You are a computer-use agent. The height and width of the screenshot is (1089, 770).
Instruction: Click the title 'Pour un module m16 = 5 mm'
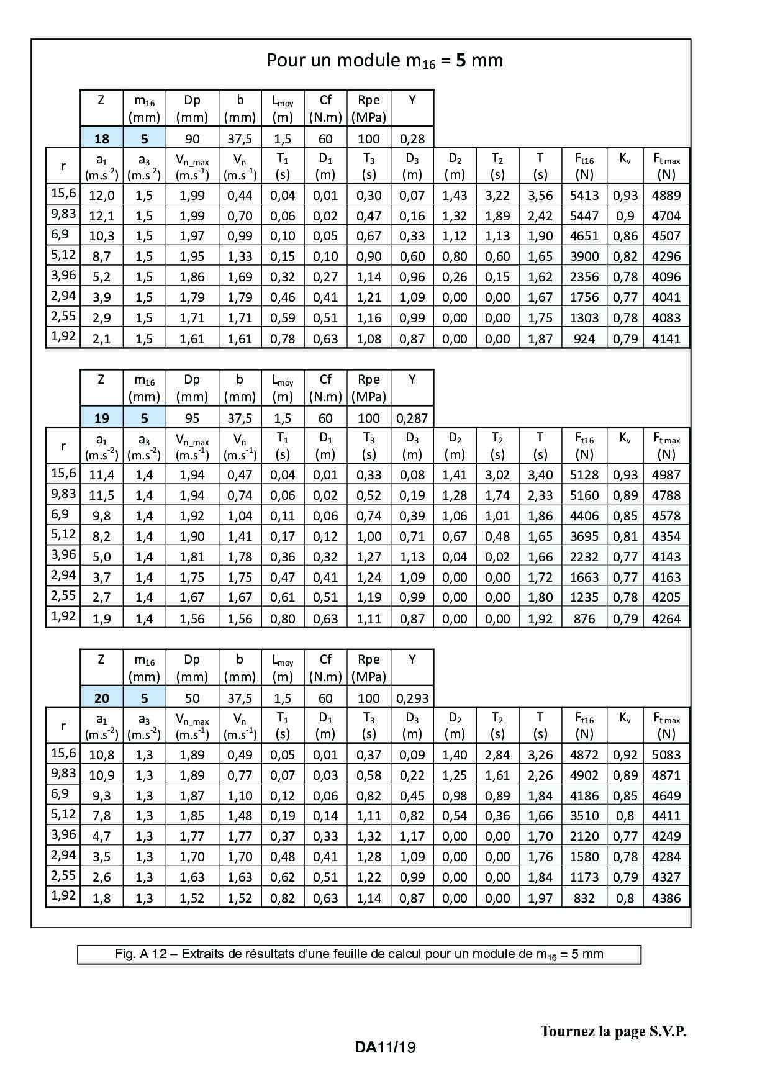tap(384, 60)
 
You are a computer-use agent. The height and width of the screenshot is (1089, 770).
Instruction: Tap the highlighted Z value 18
tap(101, 138)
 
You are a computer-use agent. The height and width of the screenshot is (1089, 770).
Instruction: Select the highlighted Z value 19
tap(101, 418)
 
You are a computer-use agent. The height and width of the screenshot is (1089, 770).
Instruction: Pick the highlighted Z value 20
tap(101, 698)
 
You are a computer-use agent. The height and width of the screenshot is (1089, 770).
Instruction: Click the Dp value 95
tap(192, 418)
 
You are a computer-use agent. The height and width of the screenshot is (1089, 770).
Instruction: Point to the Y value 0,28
tap(412, 138)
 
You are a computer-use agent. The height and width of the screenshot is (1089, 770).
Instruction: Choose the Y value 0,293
tap(412, 698)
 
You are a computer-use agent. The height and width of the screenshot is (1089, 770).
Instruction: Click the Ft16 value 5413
tap(584, 195)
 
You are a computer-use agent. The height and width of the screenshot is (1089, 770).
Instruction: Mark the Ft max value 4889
tap(666, 195)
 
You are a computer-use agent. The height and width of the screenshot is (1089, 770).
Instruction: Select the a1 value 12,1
tap(101, 215)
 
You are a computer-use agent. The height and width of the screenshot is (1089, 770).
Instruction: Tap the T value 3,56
tap(540, 195)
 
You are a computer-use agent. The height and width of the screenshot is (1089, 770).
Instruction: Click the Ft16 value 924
tap(584, 338)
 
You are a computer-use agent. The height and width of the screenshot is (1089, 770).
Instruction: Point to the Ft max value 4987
tap(666, 475)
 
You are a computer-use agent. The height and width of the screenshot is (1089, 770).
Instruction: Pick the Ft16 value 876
tap(584, 618)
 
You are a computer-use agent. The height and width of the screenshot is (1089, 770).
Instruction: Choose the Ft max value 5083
tap(666, 755)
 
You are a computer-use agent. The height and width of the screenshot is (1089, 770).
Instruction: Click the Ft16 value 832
tap(584, 898)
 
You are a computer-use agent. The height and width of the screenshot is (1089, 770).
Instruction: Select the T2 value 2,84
tap(497, 755)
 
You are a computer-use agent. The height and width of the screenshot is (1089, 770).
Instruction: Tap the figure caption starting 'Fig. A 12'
tap(359, 954)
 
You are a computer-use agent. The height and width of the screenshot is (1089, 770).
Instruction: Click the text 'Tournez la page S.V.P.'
tap(613, 1031)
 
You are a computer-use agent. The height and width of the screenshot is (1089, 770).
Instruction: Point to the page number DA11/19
tap(385, 1047)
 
